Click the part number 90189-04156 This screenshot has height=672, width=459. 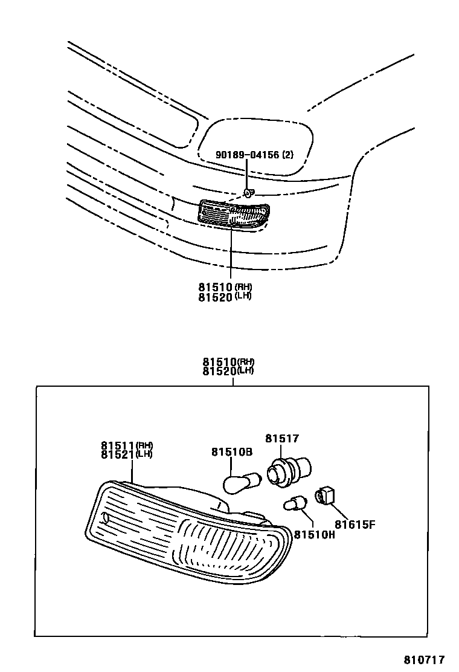(x=247, y=155)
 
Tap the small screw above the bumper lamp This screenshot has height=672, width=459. (x=248, y=193)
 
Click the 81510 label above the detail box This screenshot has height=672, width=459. (x=220, y=362)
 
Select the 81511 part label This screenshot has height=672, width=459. (x=118, y=445)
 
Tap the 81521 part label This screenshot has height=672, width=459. (x=118, y=454)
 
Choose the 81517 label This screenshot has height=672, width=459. (x=281, y=439)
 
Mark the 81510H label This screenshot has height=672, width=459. (x=315, y=534)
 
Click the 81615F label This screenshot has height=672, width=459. (x=355, y=524)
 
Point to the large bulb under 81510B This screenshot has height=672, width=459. (x=241, y=482)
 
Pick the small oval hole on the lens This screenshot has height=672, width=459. (x=107, y=517)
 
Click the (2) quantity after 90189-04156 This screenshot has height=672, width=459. (x=287, y=155)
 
